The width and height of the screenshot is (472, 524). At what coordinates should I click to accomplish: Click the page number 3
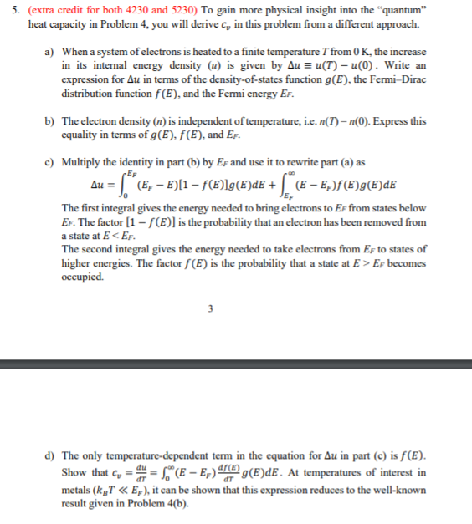click(x=235, y=308)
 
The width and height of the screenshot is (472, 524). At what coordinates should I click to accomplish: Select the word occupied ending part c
click(x=84, y=278)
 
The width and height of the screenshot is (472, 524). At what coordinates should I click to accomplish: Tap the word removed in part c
click(x=386, y=222)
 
